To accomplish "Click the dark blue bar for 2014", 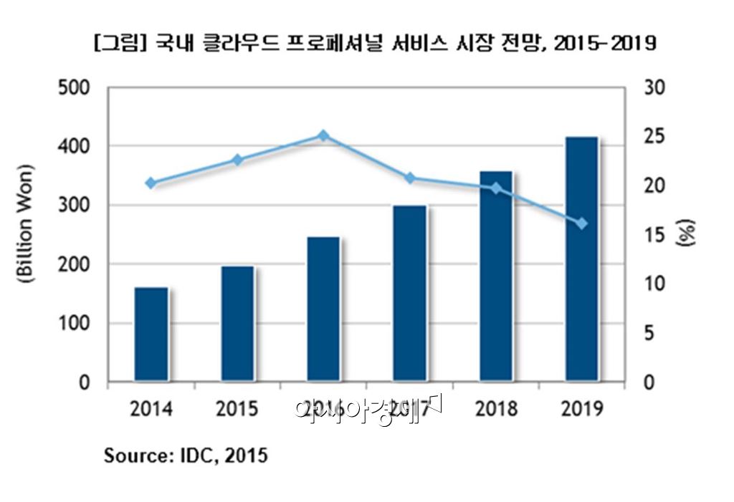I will (x=151, y=334).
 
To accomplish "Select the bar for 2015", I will (x=237, y=324).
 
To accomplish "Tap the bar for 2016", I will (x=323, y=309).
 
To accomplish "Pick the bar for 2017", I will (x=409, y=293).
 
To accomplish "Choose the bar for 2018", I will (x=496, y=276).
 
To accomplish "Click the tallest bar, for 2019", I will (x=581, y=259).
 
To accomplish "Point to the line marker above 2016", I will (x=323, y=135).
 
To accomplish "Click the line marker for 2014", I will (x=151, y=183).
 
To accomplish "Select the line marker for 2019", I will (x=581, y=224).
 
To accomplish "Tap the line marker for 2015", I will (x=237, y=160).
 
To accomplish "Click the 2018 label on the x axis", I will (x=496, y=410).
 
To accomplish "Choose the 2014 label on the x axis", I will (x=151, y=410).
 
